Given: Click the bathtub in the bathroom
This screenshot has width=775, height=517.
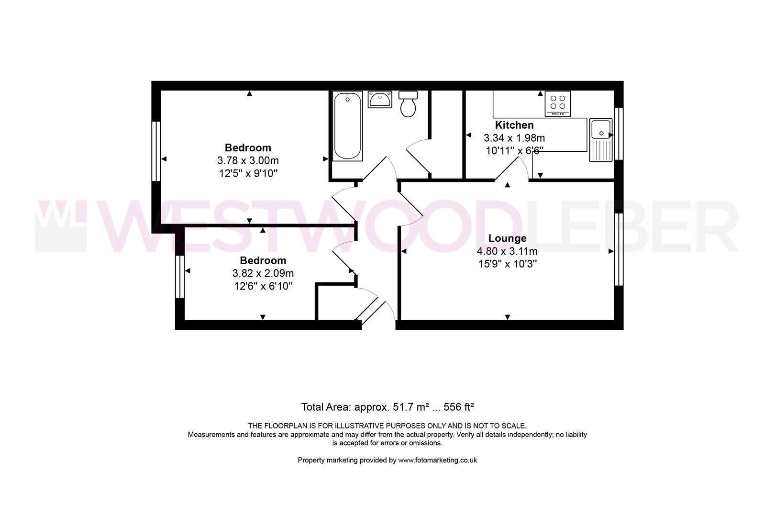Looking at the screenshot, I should (347, 126).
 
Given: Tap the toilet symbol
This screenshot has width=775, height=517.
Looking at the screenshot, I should (408, 104).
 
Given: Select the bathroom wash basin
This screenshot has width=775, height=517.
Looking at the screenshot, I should (380, 100).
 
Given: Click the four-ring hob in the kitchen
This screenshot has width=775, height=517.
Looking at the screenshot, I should (557, 103).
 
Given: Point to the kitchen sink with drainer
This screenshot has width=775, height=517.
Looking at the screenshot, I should (601, 140).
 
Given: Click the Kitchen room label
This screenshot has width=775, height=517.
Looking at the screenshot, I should (514, 125).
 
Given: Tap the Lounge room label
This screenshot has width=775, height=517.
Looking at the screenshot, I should (507, 238).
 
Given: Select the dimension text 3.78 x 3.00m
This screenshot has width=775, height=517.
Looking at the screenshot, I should (248, 160).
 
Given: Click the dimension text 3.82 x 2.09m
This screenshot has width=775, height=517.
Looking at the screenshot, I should (263, 273).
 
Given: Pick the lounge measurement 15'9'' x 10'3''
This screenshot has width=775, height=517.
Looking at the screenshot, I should (507, 264).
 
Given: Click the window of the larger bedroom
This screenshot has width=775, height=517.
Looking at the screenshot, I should (156, 151).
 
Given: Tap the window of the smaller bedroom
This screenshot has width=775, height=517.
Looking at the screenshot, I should (180, 277).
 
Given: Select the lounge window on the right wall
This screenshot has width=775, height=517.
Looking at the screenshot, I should (619, 249).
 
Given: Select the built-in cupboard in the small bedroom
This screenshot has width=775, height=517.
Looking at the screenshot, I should (335, 302).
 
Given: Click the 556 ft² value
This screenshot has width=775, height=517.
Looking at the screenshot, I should (459, 407).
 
